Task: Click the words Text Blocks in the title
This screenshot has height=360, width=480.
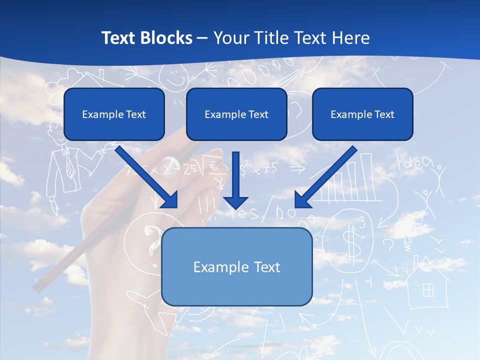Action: coord(146,38)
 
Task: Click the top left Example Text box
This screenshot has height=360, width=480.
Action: coord(114,114)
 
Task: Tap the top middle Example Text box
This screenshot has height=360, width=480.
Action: coord(236,114)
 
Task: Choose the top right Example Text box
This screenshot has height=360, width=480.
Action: coord(362,114)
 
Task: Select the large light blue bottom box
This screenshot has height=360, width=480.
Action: coord(236,266)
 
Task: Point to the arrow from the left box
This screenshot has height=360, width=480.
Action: coord(147,177)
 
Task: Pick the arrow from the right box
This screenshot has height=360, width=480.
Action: coord(325,177)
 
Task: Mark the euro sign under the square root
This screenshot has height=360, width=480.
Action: coord(213,166)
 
